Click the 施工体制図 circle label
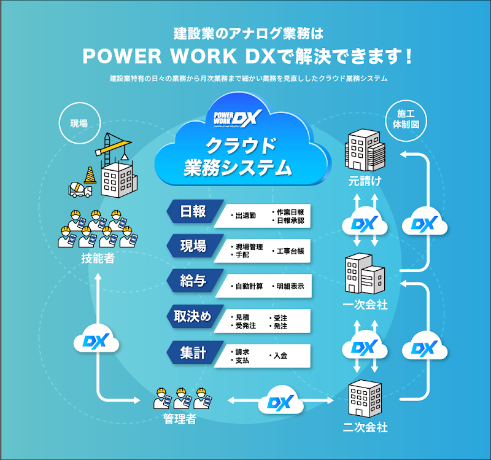[406, 119]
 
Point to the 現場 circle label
[79, 123]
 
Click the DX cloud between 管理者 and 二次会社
[281, 403]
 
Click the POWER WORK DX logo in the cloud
[238, 117]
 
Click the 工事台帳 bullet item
[288, 251]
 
